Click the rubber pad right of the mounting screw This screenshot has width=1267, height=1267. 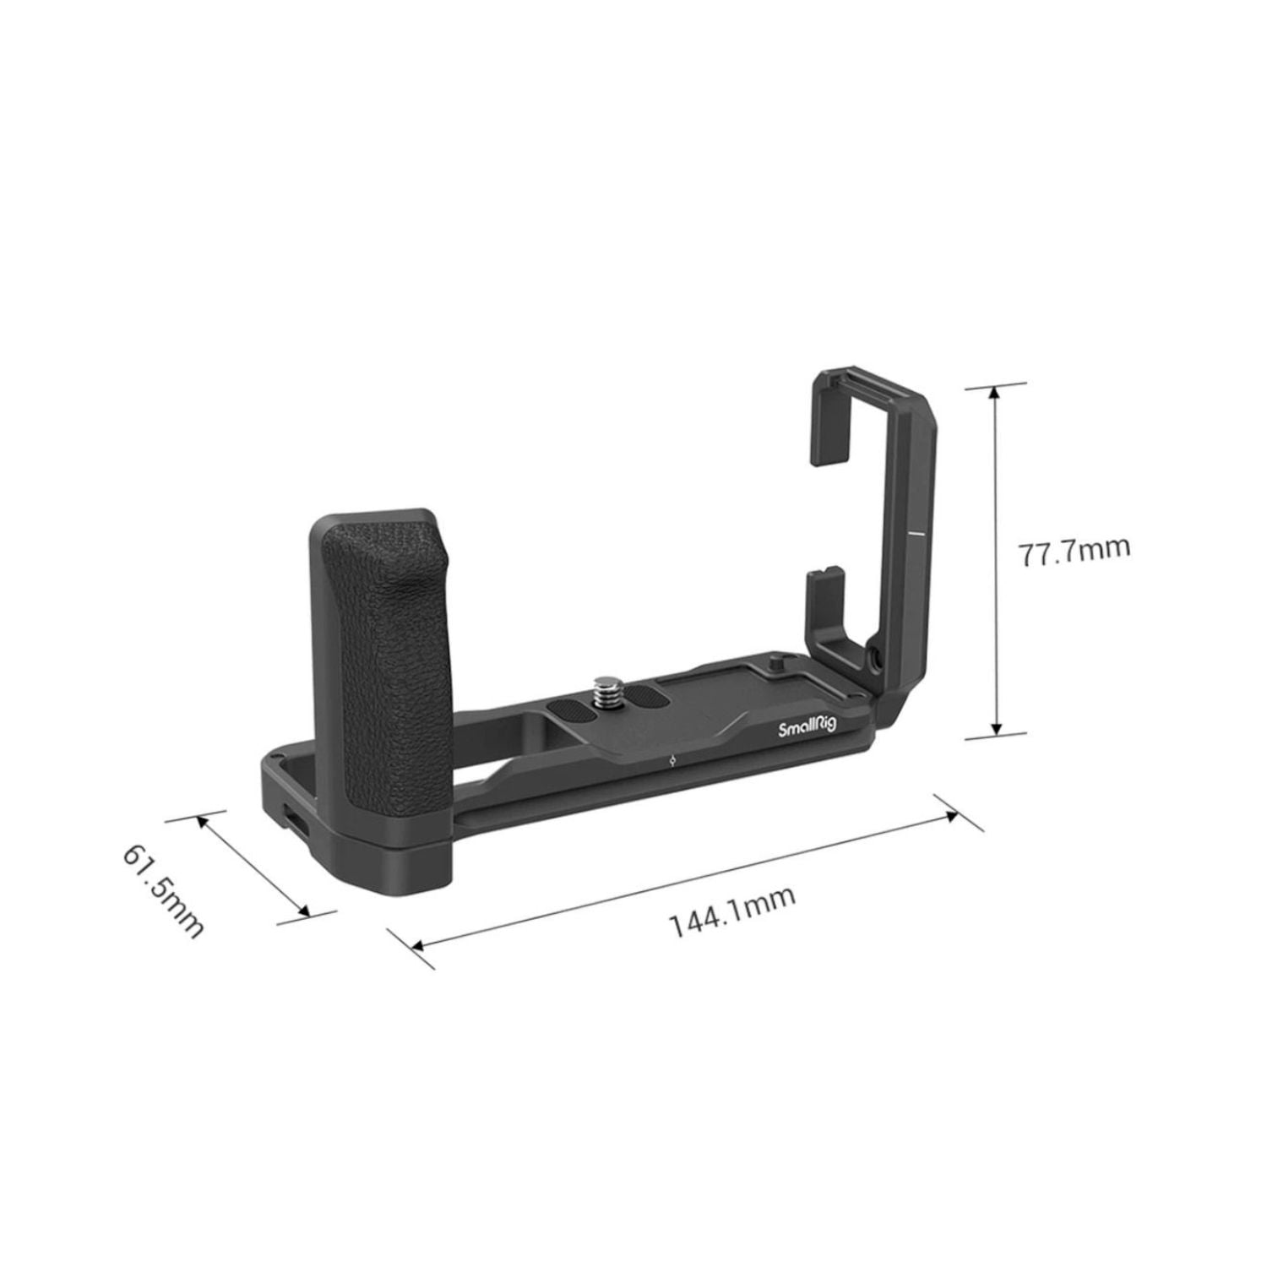646,674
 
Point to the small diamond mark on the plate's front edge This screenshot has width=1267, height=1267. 670,759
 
